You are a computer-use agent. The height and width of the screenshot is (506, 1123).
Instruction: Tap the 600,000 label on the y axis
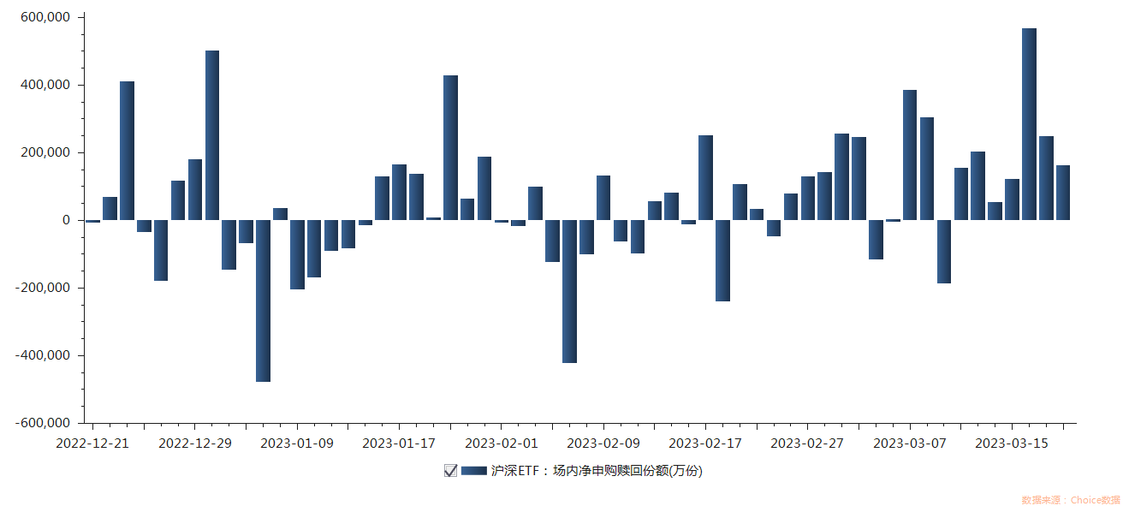pos(45,17)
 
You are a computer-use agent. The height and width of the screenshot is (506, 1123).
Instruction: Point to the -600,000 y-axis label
pos(43,423)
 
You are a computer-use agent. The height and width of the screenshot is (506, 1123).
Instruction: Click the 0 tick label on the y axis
pos(66,220)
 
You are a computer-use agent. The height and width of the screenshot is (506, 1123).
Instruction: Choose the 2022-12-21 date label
pos(92,443)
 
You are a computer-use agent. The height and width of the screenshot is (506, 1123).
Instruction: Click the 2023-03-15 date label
pos(1012,443)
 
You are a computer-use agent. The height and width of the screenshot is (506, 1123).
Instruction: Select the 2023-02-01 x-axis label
pos(501,443)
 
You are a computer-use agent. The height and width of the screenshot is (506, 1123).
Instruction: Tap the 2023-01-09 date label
pos(296,443)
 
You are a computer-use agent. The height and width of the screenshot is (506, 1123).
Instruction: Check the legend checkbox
pos(450,470)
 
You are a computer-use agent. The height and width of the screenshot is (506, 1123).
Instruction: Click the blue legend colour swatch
pos(473,470)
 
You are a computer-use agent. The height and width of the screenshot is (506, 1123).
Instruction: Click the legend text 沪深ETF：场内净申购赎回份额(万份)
pos(596,470)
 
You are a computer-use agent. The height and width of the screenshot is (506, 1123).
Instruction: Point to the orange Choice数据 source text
pos(1070,499)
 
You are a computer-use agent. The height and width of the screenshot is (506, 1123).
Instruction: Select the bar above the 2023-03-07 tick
pos(910,155)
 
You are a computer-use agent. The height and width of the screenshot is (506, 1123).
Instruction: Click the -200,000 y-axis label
pos(43,288)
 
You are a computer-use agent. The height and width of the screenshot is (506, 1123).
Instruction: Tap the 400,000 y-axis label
pos(45,85)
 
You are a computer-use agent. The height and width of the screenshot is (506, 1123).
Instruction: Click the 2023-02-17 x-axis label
pos(705,443)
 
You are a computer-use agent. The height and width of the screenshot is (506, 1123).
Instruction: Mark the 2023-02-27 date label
pos(807,443)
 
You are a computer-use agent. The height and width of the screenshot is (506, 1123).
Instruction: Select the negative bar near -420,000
pos(569,291)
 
